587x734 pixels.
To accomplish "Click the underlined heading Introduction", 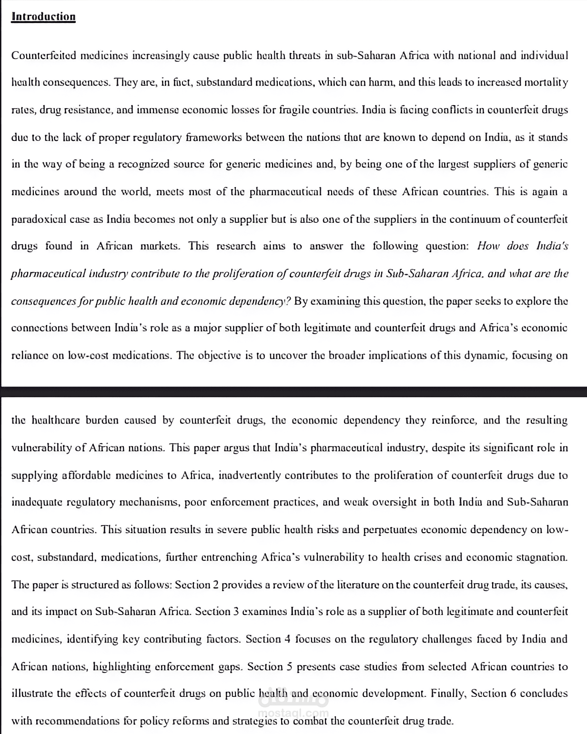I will click(x=43, y=17).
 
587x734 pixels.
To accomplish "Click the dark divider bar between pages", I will click(x=293, y=392).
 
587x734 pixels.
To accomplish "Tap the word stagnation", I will click(x=541, y=557).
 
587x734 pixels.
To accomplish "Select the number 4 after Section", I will click(x=287, y=639).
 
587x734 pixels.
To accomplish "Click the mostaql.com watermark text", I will click(x=293, y=713).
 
